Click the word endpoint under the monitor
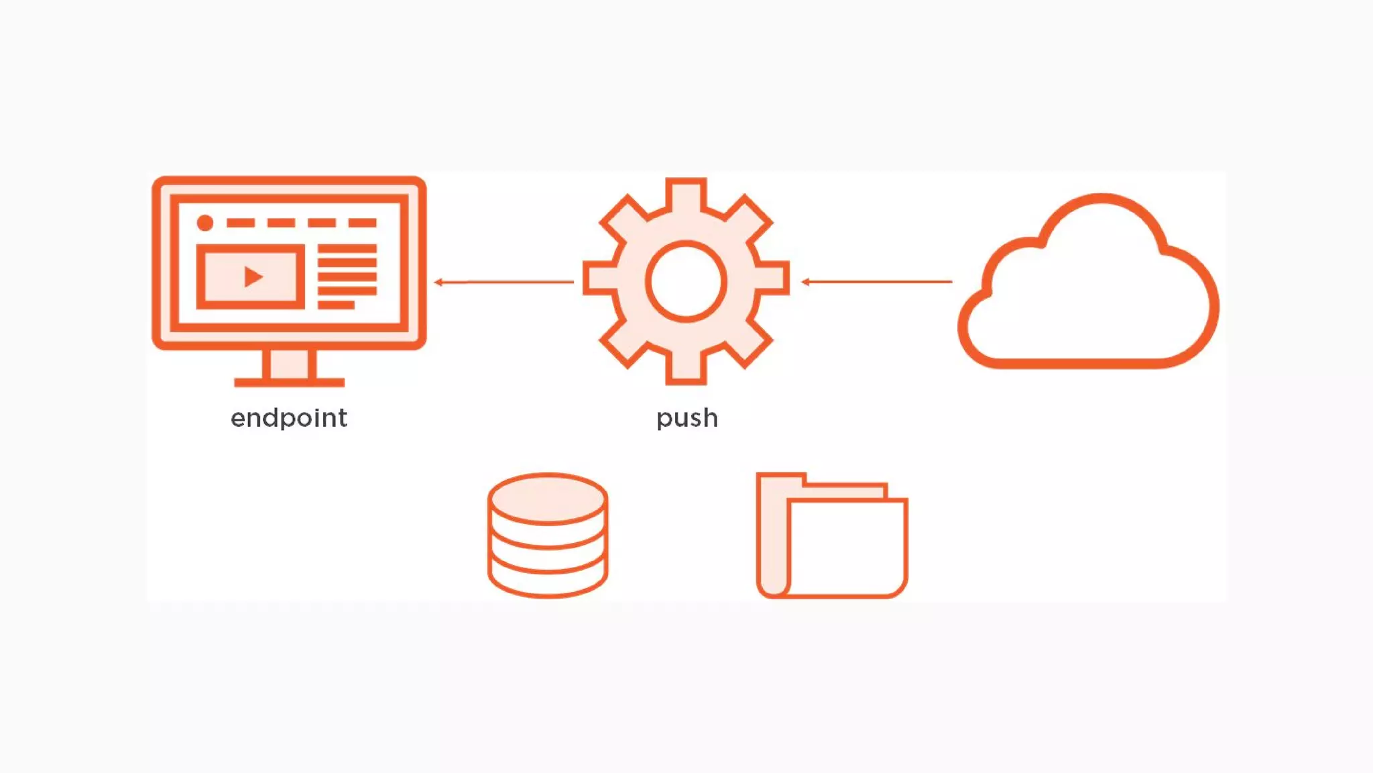coord(289,418)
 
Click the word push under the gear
coord(687,418)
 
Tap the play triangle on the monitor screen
coord(253,276)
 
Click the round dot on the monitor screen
coord(205,223)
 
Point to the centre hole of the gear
coord(686,281)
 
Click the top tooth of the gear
coord(686,193)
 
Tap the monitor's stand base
coord(289,382)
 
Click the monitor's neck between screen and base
coord(289,364)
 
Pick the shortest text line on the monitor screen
coord(336,305)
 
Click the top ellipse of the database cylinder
coord(548,498)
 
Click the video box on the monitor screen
coord(250,276)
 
